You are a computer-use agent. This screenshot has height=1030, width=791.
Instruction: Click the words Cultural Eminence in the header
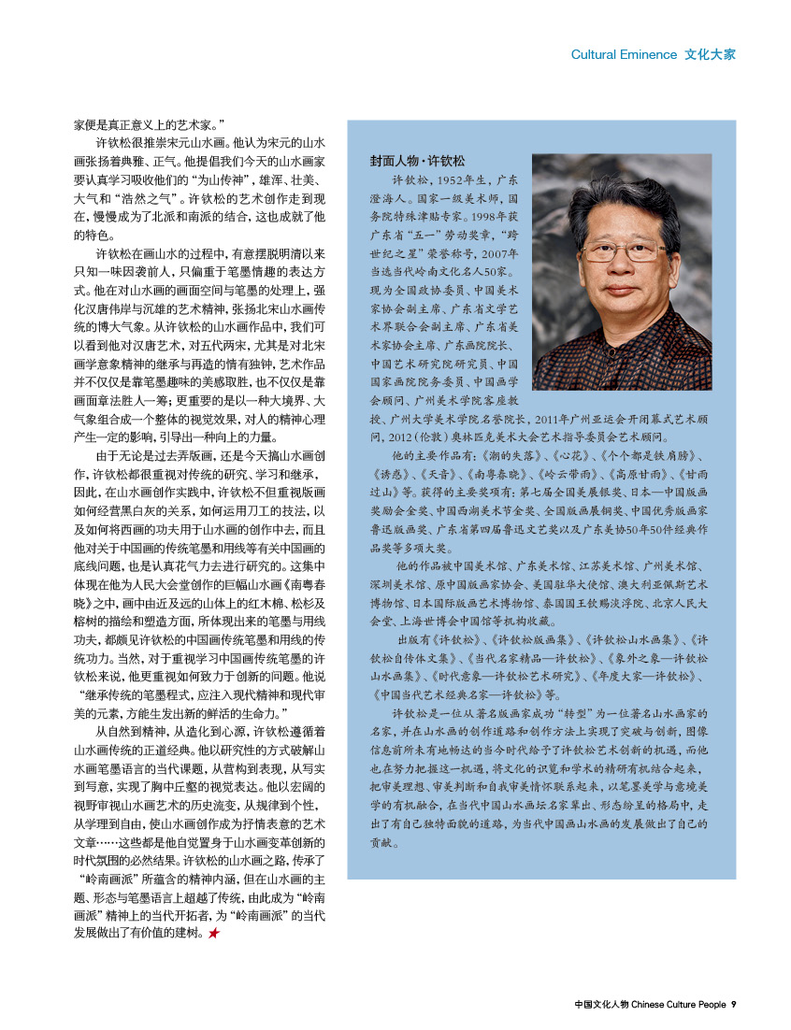[x=623, y=54]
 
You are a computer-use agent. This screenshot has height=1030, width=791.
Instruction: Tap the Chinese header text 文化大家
[x=710, y=54]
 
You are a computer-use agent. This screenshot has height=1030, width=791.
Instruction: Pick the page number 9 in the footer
[x=734, y=1005]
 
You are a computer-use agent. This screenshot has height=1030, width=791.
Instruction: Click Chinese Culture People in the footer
[x=678, y=1005]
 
